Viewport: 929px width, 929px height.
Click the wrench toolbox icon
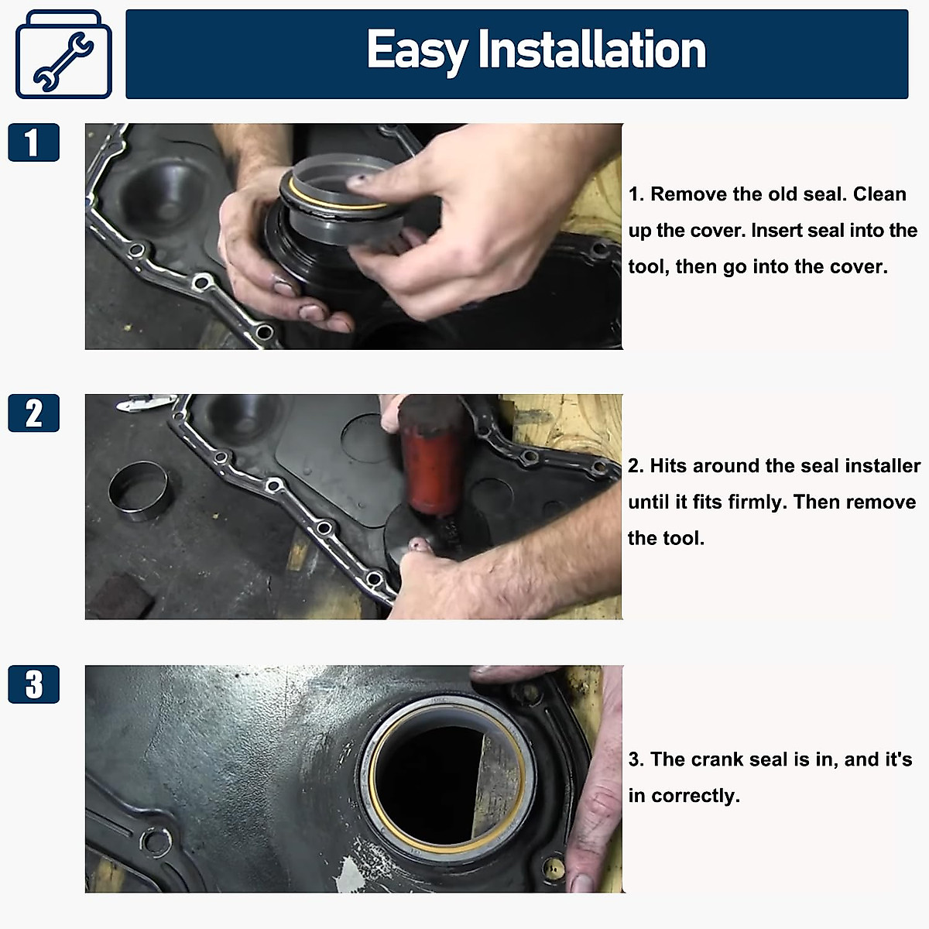click(63, 55)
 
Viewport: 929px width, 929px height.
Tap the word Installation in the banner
click(591, 51)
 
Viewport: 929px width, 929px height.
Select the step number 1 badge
click(33, 142)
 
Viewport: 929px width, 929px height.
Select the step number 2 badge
click(33, 413)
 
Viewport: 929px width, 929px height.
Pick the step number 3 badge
click(33, 684)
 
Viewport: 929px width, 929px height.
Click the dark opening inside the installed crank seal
click(434, 782)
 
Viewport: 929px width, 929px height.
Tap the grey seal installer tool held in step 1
click(341, 201)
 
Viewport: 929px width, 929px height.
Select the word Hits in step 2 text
click(668, 466)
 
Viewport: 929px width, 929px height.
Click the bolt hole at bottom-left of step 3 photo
click(155, 841)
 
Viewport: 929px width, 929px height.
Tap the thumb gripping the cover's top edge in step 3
click(511, 674)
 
